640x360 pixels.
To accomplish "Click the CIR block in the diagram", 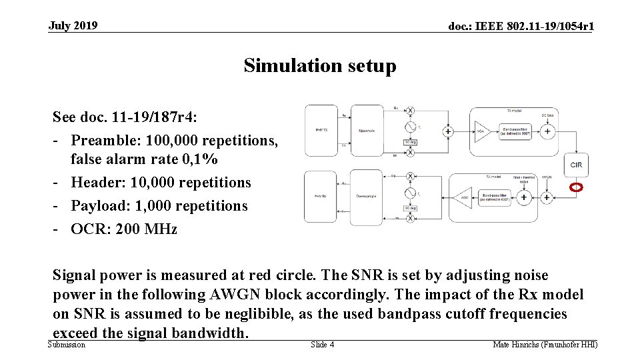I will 577,165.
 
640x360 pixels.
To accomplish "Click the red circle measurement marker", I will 577,187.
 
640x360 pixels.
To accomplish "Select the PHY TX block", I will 320,131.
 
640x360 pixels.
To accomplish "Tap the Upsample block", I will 367,131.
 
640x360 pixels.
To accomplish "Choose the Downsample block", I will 367,197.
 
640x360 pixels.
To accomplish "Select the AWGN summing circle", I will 547,197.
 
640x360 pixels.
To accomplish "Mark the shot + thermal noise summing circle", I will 524,197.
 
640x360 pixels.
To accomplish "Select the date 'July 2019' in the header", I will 73,26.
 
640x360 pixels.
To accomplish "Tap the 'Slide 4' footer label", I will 323,345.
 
